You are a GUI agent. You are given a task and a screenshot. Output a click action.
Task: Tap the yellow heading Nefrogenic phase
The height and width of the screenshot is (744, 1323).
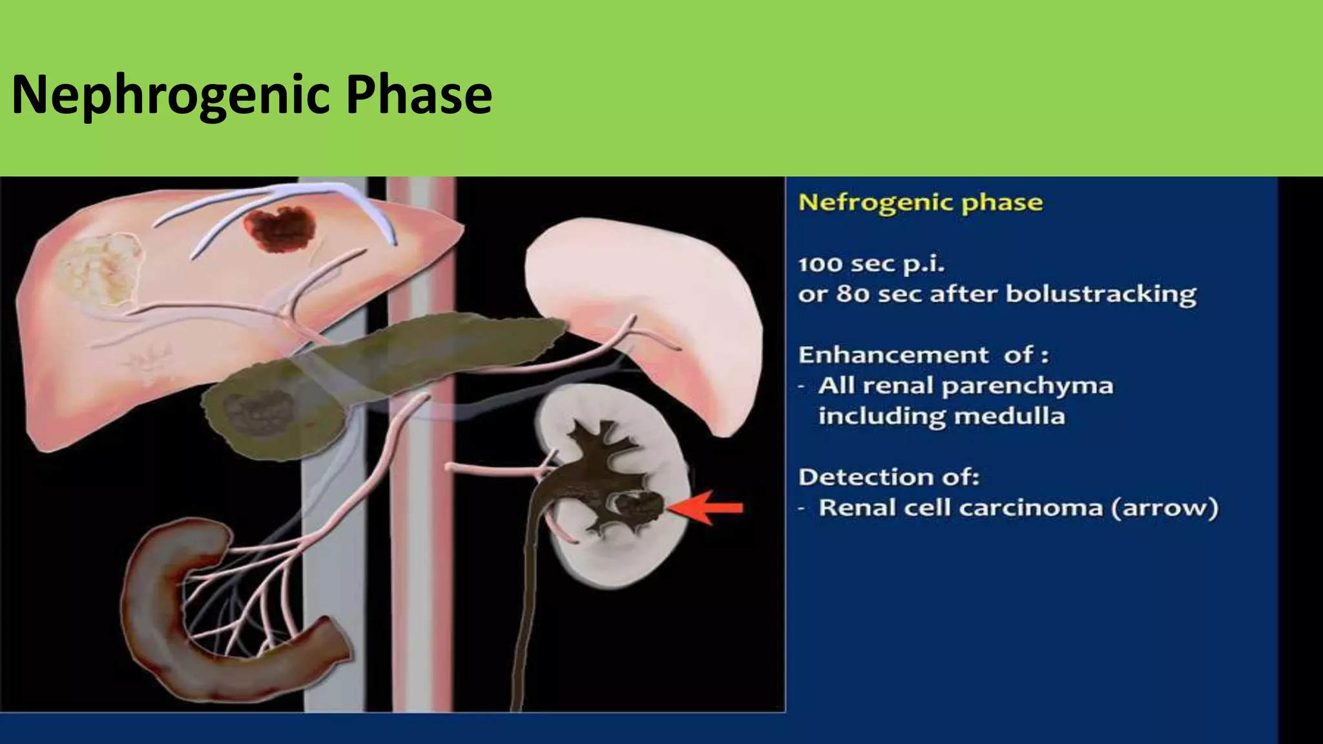tap(921, 203)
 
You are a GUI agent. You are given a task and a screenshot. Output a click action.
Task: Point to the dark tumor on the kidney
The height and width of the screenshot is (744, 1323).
tap(640, 506)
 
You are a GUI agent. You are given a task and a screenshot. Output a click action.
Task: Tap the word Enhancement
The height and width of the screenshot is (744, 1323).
tap(893, 355)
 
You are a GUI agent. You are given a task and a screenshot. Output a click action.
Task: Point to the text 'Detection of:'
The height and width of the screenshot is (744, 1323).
tap(889, 477)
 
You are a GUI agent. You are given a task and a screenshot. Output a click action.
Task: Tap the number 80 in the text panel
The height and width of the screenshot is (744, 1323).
tap(852, 294)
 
